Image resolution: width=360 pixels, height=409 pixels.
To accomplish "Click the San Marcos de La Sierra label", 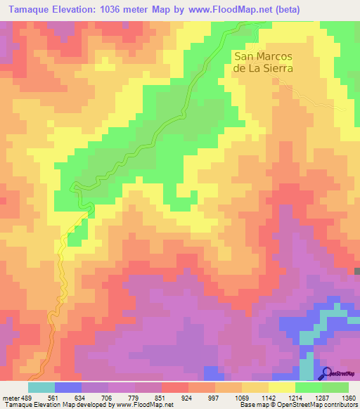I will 262,63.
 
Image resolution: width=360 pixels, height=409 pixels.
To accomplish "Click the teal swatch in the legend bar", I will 41,387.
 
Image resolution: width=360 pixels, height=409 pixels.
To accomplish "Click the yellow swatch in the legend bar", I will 281,387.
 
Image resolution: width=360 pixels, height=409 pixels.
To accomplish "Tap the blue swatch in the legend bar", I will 68,387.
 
